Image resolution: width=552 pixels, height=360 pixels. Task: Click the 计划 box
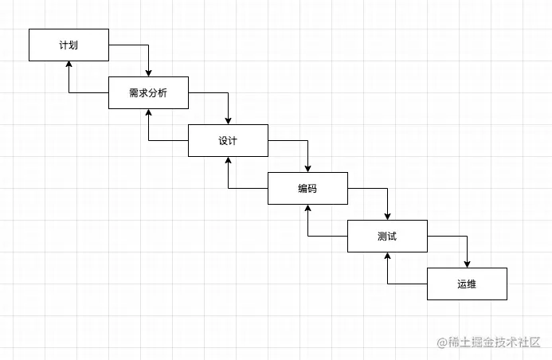[x=69, y=45]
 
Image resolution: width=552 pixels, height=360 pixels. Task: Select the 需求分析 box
[x=148, y=93]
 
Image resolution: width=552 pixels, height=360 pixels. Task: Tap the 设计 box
[x=228, y=141]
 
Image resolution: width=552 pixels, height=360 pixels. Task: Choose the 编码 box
[x=307, y=189]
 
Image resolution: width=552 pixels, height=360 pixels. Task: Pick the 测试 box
[x=387, y=237]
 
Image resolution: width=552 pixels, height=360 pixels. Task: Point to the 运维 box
[x=467, y=284]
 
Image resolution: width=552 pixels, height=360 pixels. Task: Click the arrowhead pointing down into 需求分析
[x=148, y=72]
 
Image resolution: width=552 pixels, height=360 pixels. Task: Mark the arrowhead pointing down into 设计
[x=228, y=120]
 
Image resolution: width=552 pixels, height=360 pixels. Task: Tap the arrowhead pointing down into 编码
[x=307, y=168]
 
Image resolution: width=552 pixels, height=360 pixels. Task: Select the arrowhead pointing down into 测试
[x=387, y=216]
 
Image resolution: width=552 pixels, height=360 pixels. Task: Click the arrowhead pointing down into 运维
[x=467, y=264]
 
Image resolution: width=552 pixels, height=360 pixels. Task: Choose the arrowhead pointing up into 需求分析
[x=148, y=114]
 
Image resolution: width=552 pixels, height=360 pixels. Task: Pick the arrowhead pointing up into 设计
[x=228, y=162]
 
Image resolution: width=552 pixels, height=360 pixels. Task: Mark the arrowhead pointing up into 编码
[x=307, y=209]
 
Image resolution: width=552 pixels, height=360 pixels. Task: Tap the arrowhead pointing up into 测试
[x=387, y=257]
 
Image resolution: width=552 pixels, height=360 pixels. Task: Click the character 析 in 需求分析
[x=163, y=93]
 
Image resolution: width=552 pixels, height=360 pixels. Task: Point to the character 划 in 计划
[x=73, y=45]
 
